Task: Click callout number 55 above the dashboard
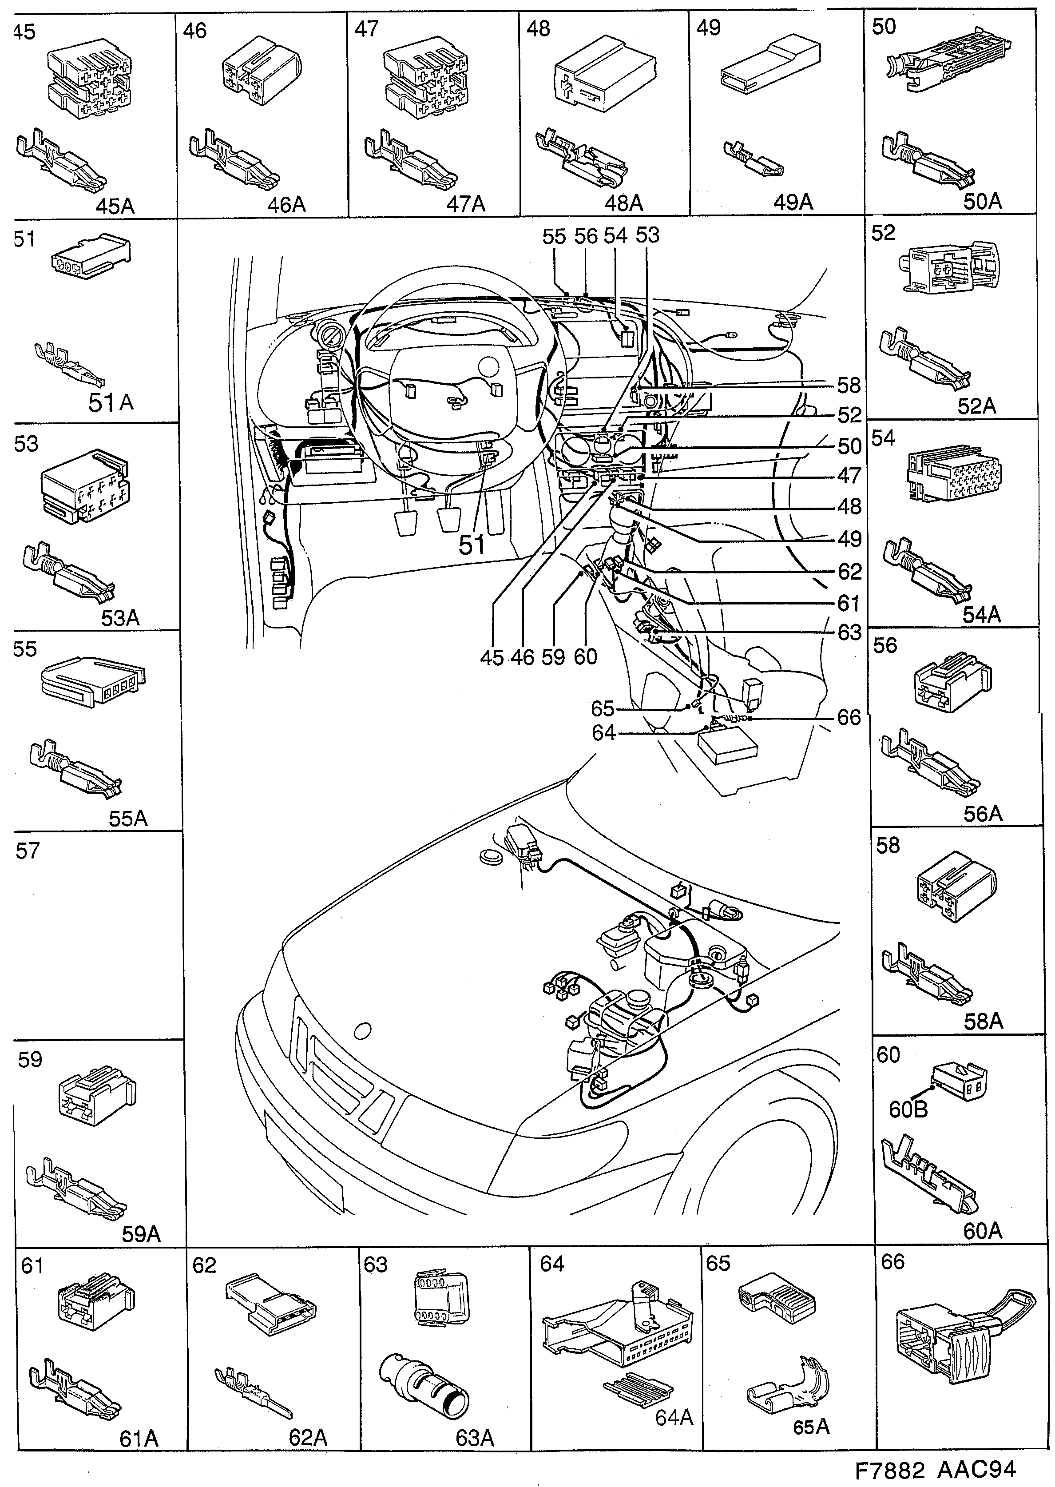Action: point(554,236)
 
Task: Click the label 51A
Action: point(111,403)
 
